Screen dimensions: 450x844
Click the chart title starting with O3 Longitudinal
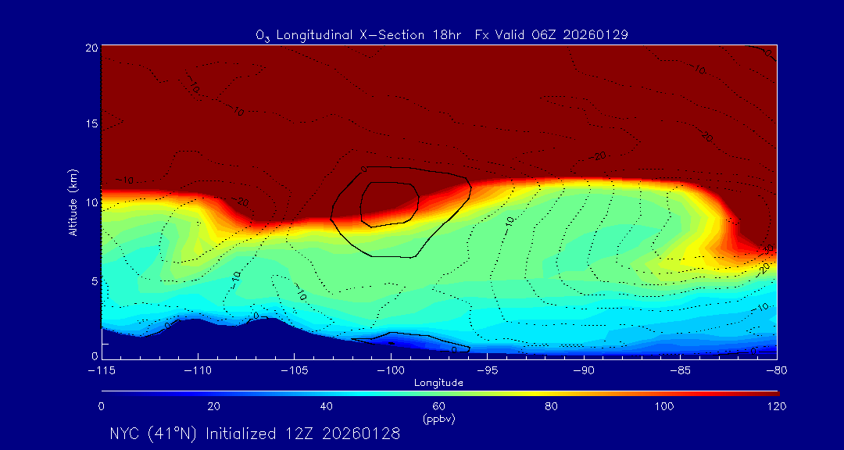pyautogui.click(x=442, y=35)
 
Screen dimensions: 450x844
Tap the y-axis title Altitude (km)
pyautogui.click(x=73, y=202)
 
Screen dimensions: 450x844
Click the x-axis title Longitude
pyautogui.click(x=439, y=383)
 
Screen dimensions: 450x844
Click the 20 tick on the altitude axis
pyautogui.click(x=91, y=48)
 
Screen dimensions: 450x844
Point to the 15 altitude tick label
pyautogui.click(x=91, y=125)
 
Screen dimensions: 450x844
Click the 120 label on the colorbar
pyautogui.click(x=776, y=406)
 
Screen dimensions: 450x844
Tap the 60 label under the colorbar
pyautogui.click(x=439, y=406)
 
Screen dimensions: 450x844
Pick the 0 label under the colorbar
pyautogui.click(x=102, y=406)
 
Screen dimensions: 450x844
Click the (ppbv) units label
pyautogui.click(x=439, y=419)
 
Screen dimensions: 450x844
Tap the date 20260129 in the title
pyautogui.click(x=595, y=35)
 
